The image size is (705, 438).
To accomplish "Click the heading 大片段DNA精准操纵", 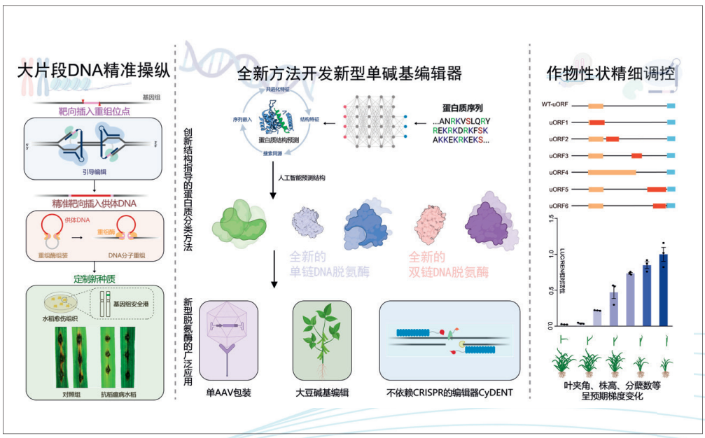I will pyautogui.click(x=95, y=71).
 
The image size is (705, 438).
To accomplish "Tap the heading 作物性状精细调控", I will pyautogui.click(x=611, y=73).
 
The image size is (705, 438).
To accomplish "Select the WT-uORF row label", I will pyautogui.click(x=554, y=105).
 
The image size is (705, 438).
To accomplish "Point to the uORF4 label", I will pyautogui.click(x=559, y=171).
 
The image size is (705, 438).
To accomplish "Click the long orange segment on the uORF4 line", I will pyautogui.click(x=611, y=171).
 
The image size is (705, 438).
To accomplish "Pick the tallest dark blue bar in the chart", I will pyautogui.click(x=663, y=290).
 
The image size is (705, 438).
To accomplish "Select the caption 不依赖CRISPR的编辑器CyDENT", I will pyautogui.click(x=450, y=393).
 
